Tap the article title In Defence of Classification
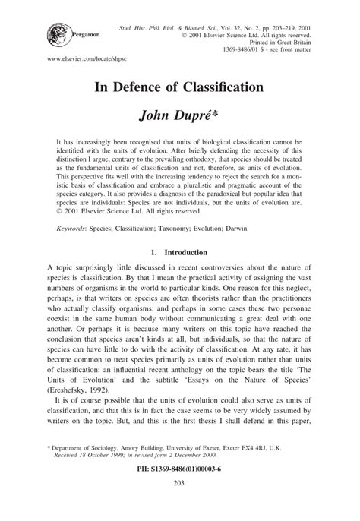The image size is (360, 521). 180,87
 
